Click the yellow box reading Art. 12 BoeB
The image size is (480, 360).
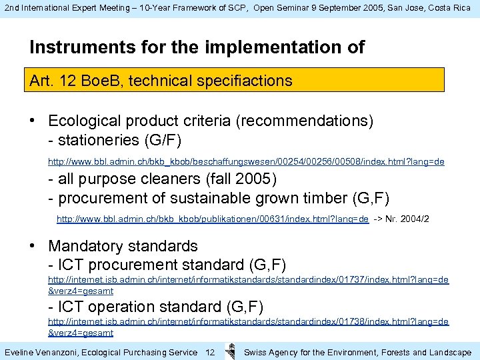click(x=237, y=81)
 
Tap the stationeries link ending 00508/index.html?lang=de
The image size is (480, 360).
click(x=246, y=162)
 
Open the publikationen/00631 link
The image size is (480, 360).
click(x=212, y=219)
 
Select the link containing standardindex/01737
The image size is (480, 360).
click(x=248, y=280)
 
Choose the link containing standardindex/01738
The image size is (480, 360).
click(x=248, y=321)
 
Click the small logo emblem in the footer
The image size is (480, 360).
click(x=230, y=351)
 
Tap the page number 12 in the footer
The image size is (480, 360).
click(x=210, y=352)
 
